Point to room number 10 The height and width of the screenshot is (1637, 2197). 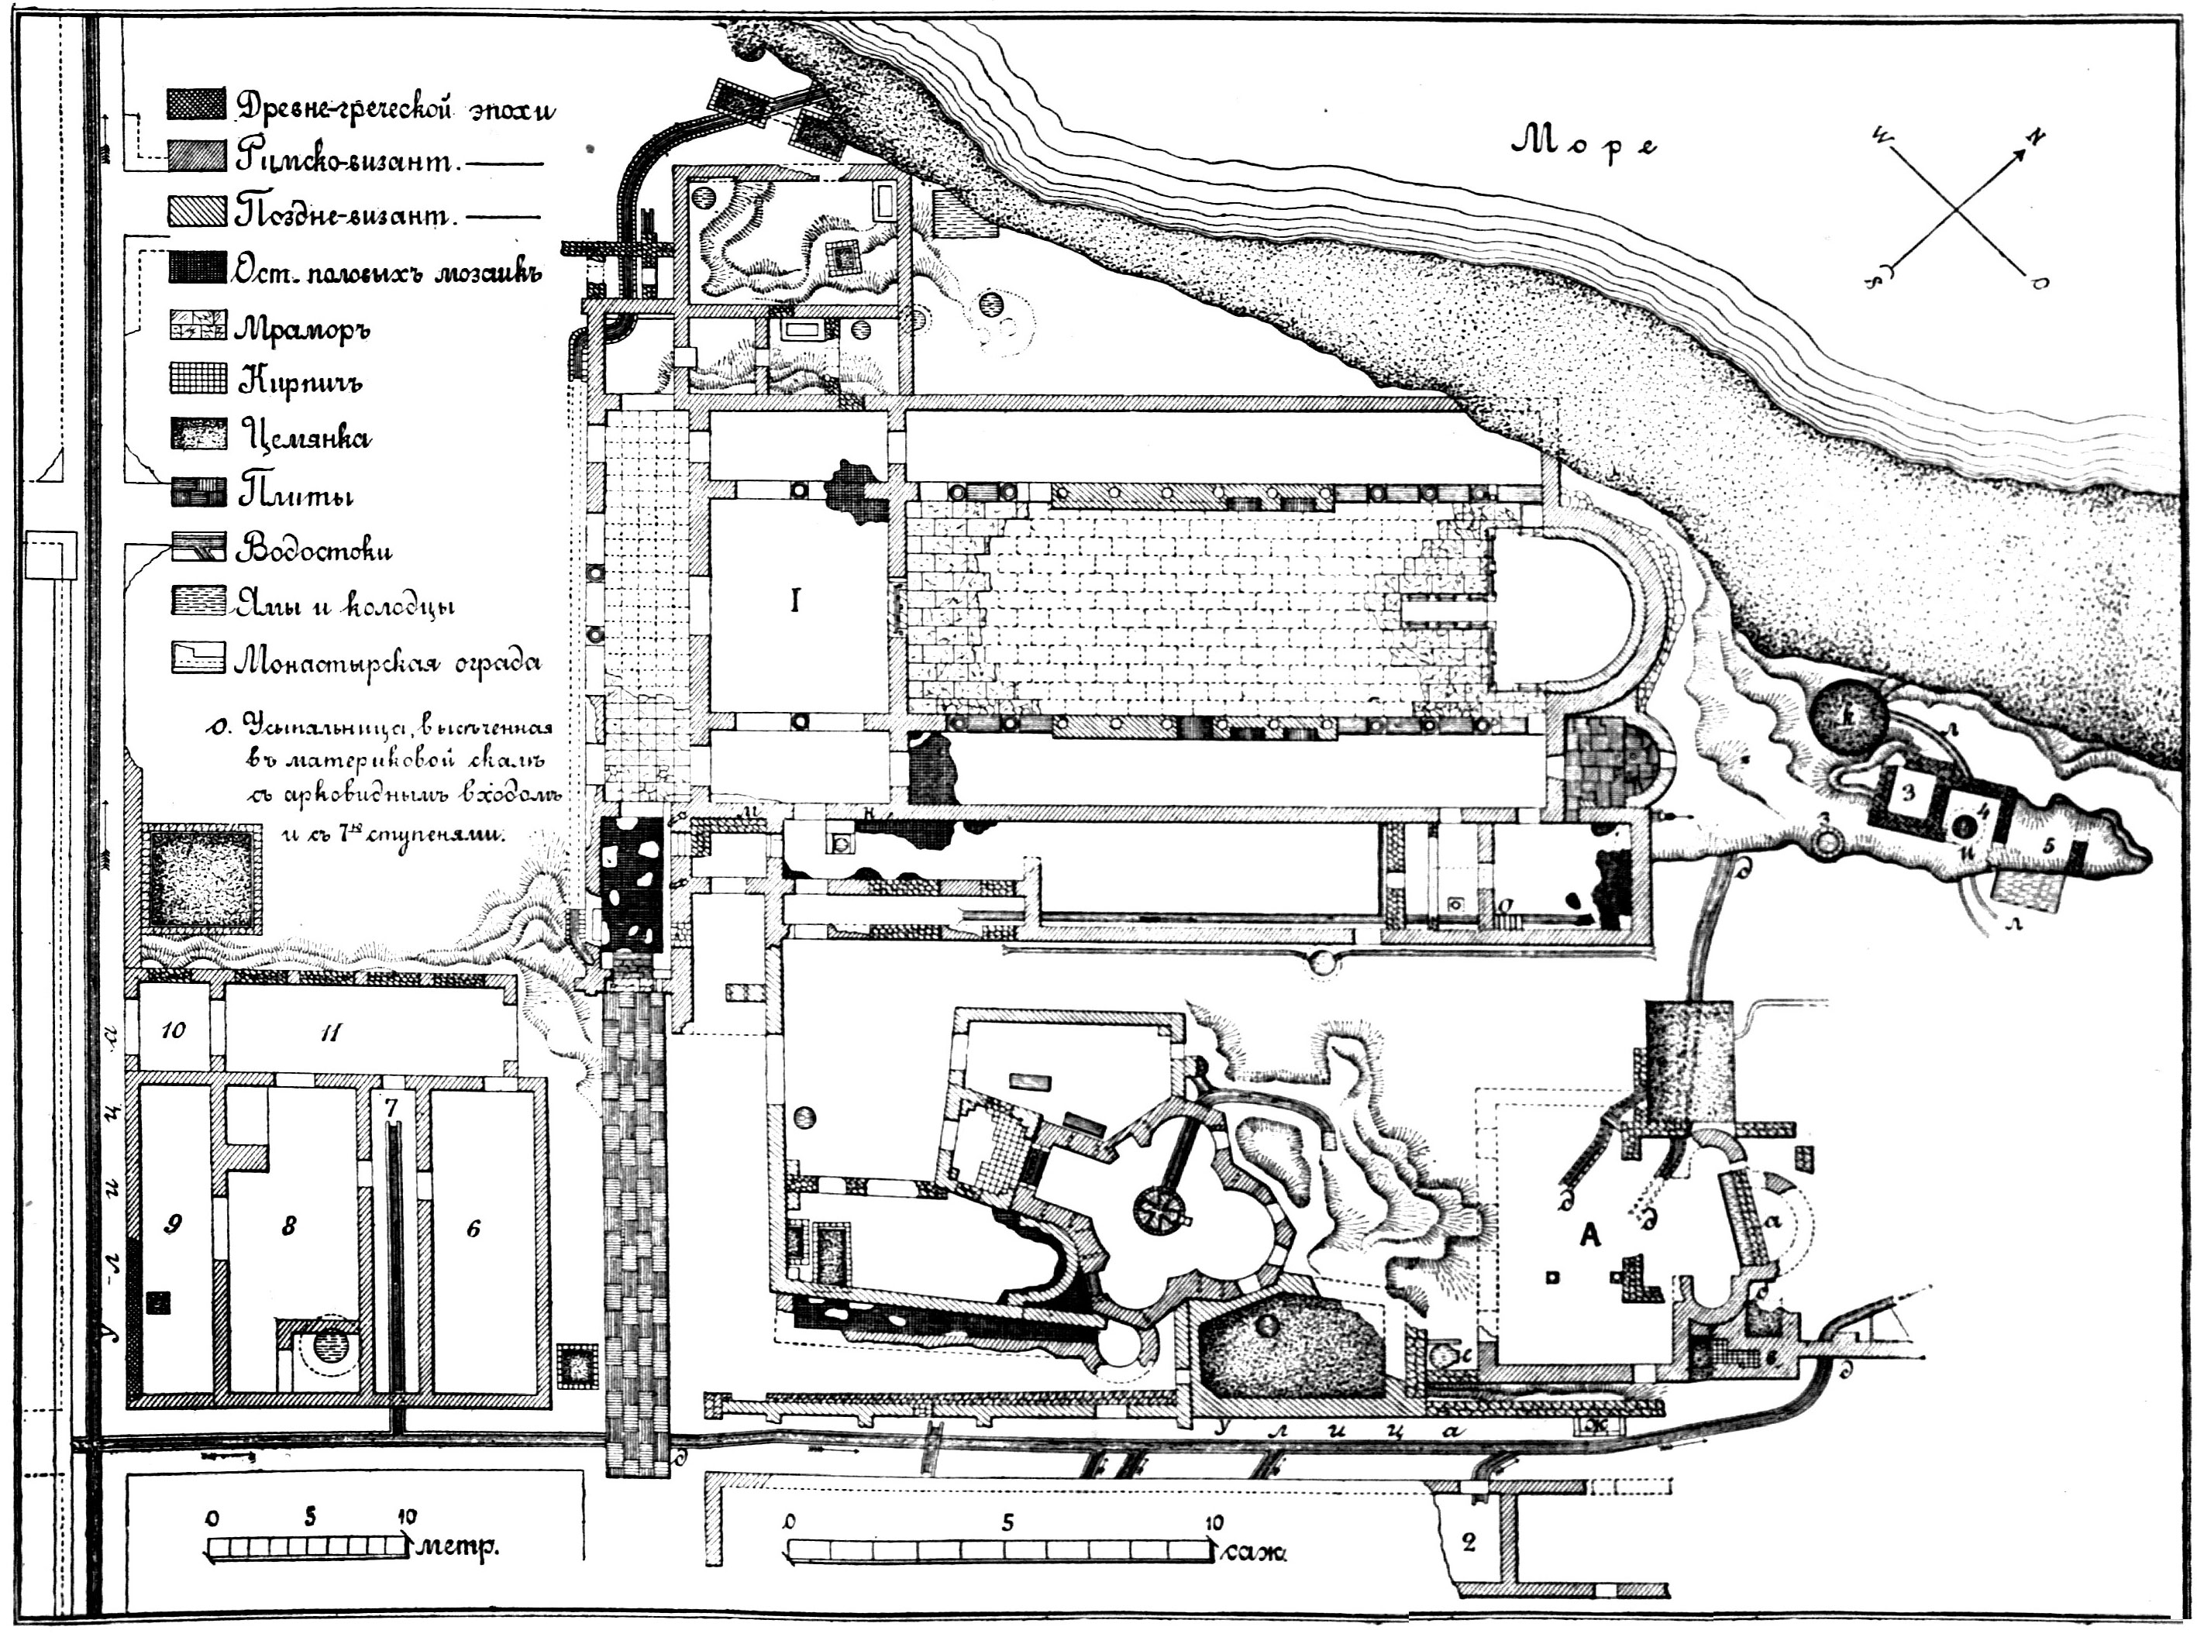pos(173,1030)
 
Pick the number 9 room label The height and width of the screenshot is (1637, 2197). pos(173,1226)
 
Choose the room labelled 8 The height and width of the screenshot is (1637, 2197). pos(288,1226)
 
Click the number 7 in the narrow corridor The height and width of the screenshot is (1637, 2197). pos(391,1108)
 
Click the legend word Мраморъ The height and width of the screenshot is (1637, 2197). pos(301,328)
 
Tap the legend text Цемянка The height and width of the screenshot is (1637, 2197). pos(305,437)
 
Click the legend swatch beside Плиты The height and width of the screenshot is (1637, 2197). pos(199,494)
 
